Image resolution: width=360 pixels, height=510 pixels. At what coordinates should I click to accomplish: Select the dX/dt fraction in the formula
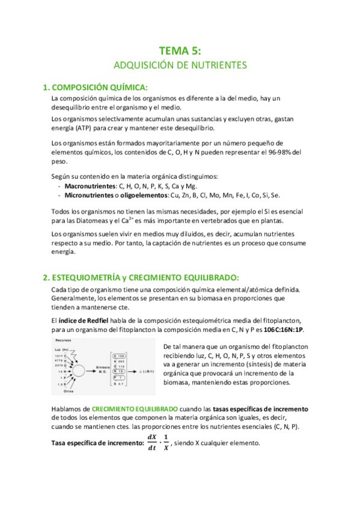151,443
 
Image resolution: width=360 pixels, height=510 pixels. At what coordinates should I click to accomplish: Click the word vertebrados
227,221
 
